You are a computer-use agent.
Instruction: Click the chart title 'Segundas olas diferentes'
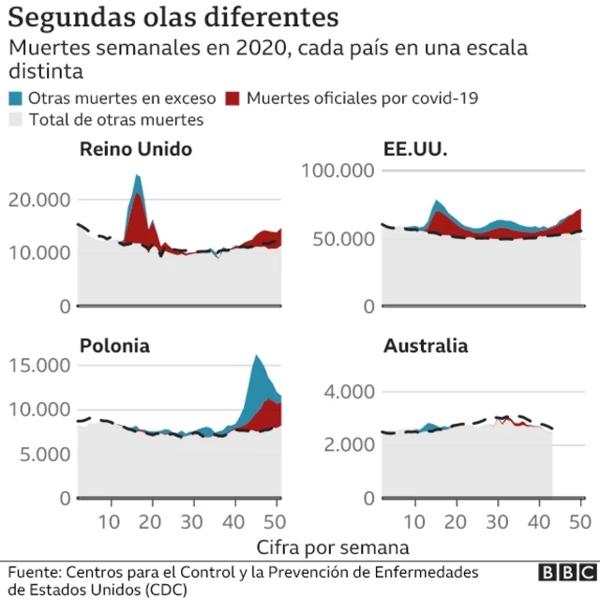pos(173,18)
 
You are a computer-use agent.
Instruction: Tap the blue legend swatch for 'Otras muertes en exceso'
pos(16,97)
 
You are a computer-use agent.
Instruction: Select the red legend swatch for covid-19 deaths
pos(234,97)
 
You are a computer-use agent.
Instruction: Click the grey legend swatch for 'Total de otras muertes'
pos(16,119)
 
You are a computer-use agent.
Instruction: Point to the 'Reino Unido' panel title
pos(135,149)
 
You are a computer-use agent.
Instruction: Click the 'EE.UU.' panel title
pos(415,149)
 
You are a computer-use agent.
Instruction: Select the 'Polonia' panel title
pos(114,345)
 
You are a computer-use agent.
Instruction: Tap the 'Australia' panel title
pos(425,345)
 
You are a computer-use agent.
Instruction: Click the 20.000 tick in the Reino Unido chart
pos(39,200)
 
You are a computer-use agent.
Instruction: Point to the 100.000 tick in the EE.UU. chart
pos(336,171)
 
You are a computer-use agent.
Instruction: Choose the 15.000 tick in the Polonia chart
pos(39,365)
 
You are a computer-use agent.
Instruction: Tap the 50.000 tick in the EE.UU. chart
pos(341,238)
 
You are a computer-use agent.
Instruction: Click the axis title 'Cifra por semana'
pos(332,546)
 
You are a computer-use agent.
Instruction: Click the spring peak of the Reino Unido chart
pos(138,177)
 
